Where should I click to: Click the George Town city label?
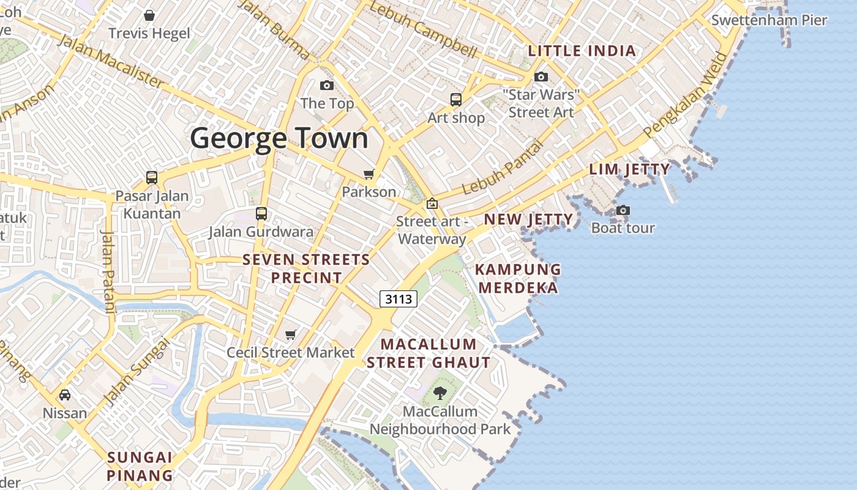pos(279,138)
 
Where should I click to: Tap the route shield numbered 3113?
pos(399,299)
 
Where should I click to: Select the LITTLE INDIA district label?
pos(582,51)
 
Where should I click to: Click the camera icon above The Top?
pos(327,85)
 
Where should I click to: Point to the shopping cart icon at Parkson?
pos(369,175)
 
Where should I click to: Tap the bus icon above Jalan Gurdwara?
pos(261,214)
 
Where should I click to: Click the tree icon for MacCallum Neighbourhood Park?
pos(440,393)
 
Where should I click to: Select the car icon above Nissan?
pos(65,395)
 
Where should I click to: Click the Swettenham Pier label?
pos(769,20)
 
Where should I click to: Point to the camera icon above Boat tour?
pos(623,210)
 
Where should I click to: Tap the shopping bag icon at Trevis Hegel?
pos(149,15)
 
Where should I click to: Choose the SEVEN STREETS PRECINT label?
pos(306,268)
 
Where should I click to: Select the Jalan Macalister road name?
pos(111,61)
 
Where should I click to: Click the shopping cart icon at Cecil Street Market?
pos(291,334)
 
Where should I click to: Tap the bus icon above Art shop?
pos(455,99)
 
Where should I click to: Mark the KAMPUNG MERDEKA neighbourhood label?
pos(518,278)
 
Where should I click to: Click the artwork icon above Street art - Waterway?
pos(432,203)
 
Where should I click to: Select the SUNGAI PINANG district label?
pos(140,466)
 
